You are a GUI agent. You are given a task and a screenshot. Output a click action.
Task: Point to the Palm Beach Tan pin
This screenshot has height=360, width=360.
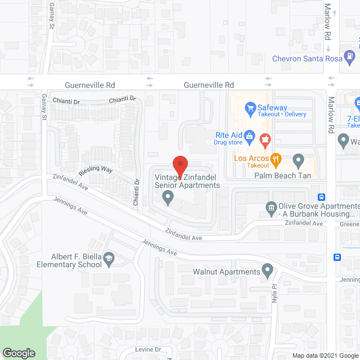point(298,160)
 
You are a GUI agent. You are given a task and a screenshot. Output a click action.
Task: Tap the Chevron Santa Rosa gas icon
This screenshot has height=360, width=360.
point(350,57)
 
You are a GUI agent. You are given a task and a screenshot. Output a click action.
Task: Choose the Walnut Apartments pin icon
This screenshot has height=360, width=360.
point(267,272)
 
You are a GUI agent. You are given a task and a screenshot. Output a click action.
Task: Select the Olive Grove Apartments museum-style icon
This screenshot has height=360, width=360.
point(271,209)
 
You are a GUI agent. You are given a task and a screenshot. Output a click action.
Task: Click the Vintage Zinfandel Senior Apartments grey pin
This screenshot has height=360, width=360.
point(167,197)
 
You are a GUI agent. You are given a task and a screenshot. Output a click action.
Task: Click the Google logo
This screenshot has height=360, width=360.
point(19,353)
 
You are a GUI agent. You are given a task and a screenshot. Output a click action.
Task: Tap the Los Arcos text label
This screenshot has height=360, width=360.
point(251,158)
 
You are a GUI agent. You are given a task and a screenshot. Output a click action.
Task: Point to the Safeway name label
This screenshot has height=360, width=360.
point(272,107)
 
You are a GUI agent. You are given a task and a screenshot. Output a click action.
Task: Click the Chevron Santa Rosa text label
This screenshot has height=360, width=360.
point(307,58)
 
